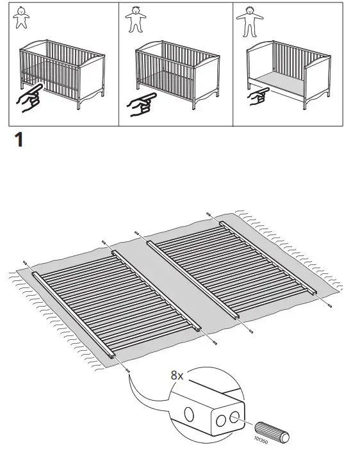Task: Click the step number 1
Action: coord(19,140)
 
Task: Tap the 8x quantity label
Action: coord(177,376)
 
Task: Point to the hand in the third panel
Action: coord(259,97)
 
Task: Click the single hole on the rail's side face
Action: coord(190,414)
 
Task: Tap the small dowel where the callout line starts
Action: coord(127,370)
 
